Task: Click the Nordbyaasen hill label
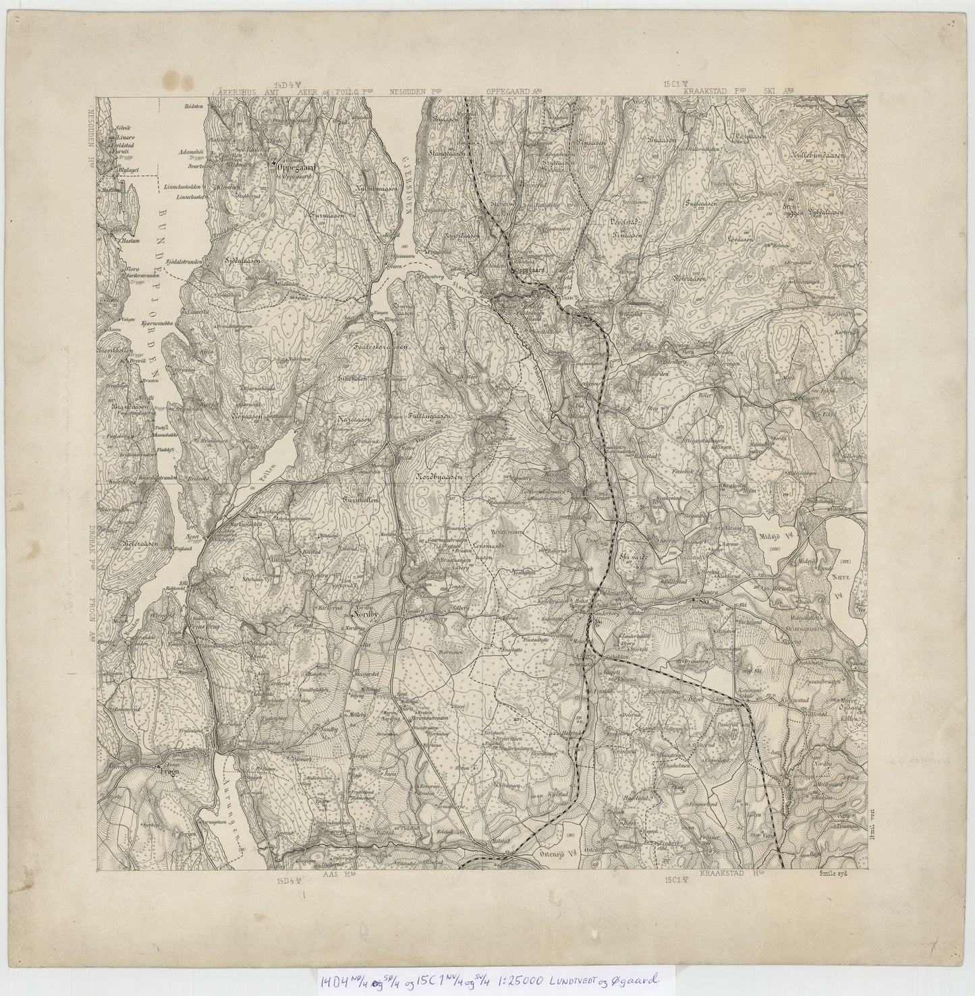tap(438, 477)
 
